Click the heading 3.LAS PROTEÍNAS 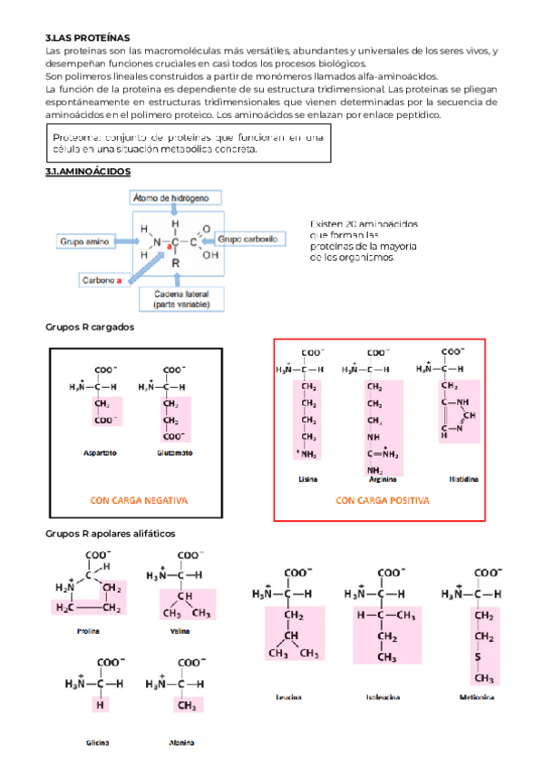(x=87, y=38)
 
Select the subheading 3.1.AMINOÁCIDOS (x=88, y=171)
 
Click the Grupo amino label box (x=84, y=242)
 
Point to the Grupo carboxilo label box (x=242, y=239)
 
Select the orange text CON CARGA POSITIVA (x=382, y=500)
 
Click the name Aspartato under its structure (x=99, y=452)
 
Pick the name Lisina (x=307, y=479)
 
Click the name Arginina (x=374, y=479)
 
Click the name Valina (x=180, y=630)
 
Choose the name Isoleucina (x=384, y=697)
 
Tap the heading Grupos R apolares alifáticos (x=110, y=534)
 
